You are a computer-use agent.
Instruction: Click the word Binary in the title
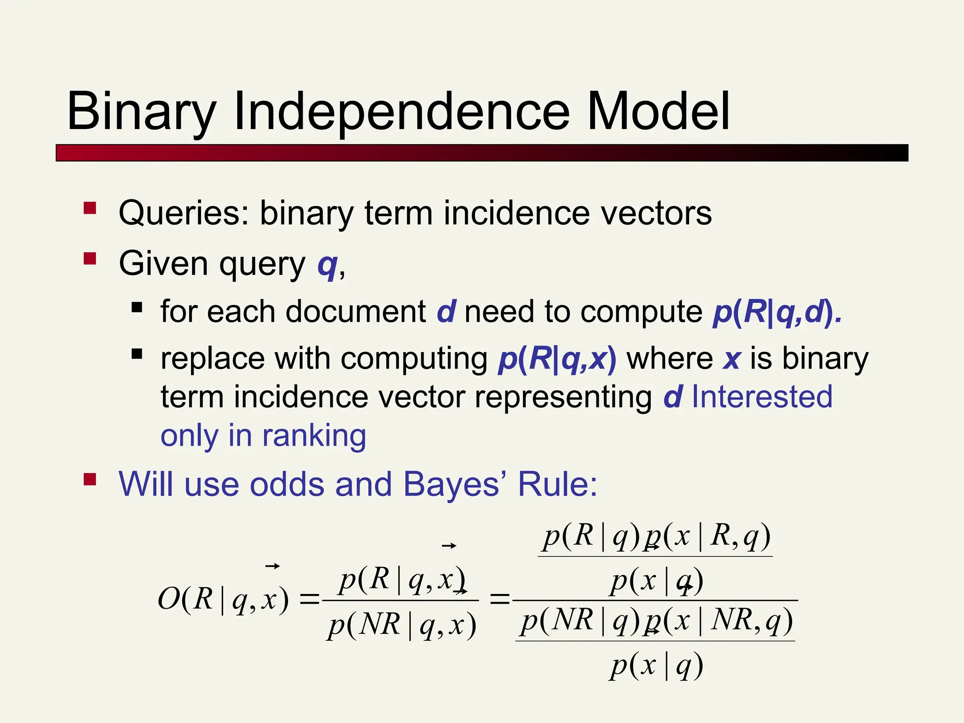click(141, 113)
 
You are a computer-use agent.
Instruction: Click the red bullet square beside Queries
click(90, 209)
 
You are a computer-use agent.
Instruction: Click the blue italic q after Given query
click(328, 265)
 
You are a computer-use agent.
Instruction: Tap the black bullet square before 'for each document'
click(137, 308)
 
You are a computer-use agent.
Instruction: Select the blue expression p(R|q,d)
click(777, 312)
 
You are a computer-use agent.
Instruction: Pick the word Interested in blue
click(762, 397)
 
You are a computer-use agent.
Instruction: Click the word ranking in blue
click(314, 435)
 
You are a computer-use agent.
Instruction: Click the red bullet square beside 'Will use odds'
click(90, 480)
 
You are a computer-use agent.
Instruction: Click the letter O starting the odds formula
click(168, 600)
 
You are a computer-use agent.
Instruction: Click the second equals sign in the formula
click(499, 600)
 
